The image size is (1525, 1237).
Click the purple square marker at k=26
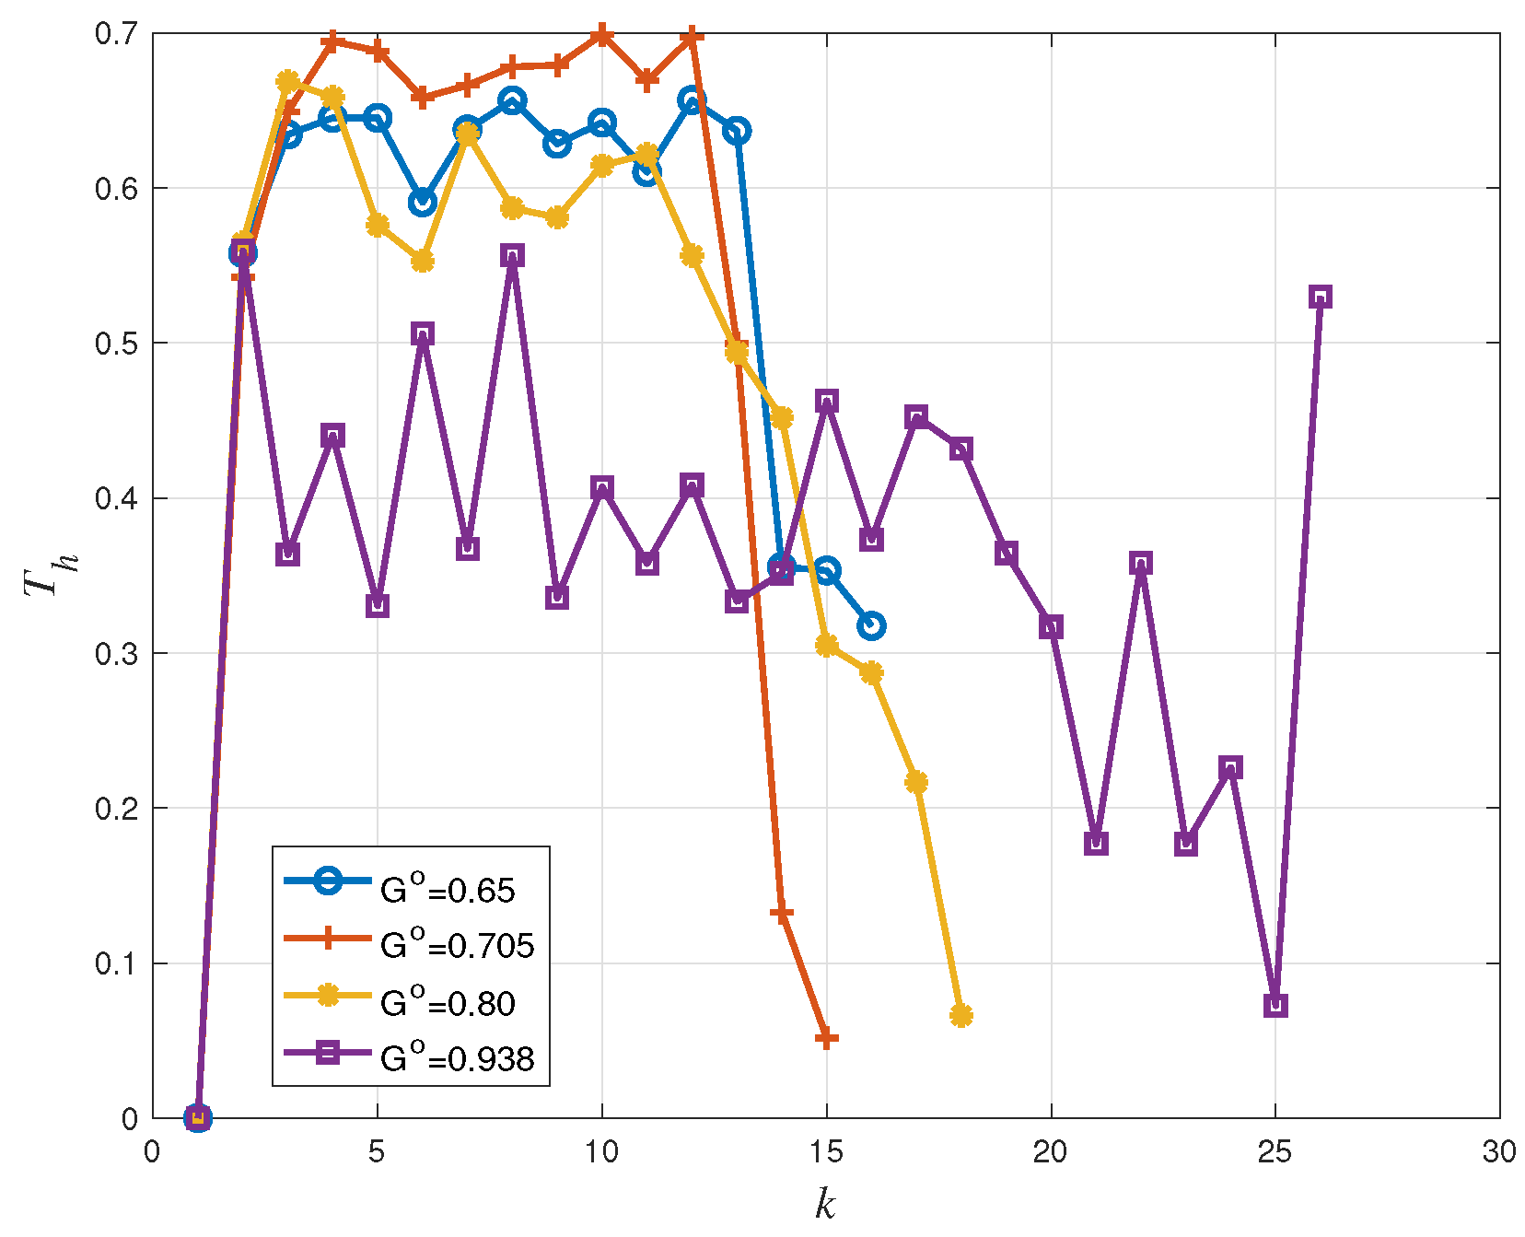(1320, 298)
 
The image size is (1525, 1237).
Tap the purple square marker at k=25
(1275, 1005)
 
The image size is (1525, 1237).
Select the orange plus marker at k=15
(827, 1039)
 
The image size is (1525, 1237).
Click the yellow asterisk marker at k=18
(960, 1015)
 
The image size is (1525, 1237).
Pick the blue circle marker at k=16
(871, 626)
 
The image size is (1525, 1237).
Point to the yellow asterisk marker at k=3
(287, 82)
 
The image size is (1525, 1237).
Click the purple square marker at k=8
(512, 255)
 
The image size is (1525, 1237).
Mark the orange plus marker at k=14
(781, 914)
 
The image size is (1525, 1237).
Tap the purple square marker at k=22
(1140, 563)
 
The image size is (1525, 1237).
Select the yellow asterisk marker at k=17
(915, 782)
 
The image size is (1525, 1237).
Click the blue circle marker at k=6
(422, 203)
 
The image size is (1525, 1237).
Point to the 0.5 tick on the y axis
(116, 344)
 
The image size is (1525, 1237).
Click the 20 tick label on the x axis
(1050, 1152)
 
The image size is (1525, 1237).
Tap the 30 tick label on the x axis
(1498, 1152)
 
